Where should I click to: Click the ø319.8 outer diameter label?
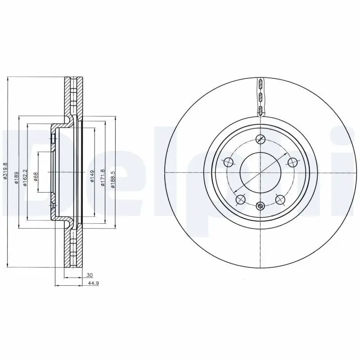[x=5, y=171]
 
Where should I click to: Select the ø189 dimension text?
[x=16, y=176]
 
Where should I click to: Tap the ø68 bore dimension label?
[x=36, y=176]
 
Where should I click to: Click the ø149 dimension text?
[x=92, y=176]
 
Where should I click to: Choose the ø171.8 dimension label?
[x=103, y=176]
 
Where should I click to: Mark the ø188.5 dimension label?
[x=113, y=176]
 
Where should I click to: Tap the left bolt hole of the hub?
[x=228, y=162]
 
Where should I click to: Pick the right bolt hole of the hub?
[x=293, y=162]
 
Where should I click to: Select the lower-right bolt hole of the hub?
[x=280, y=199]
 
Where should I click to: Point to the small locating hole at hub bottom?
[x=260, y=207]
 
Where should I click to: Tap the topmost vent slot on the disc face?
[x=260, y=84]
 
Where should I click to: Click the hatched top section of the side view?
[x=73, y=97]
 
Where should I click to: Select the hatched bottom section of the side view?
[x=73, y=247]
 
